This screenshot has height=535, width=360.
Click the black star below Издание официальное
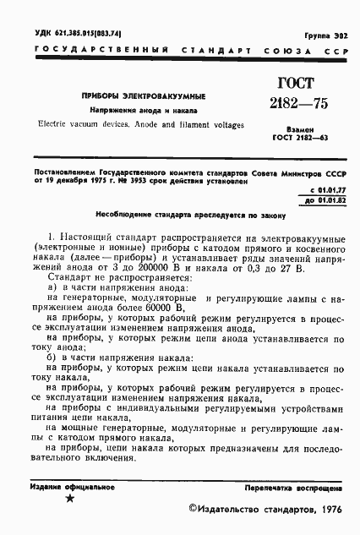[x=69, y=501]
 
